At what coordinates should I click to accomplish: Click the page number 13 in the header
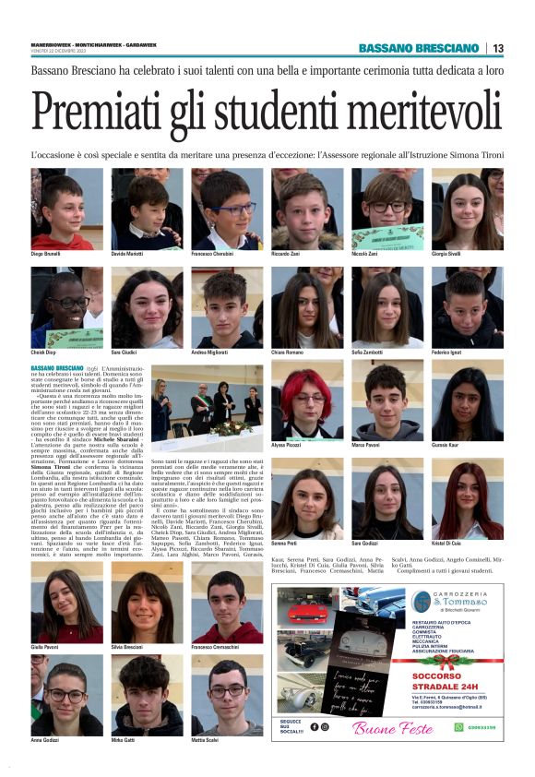pos(498,48)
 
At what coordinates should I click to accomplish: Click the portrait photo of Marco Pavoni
pos(386,402)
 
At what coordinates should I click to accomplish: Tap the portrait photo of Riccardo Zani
pos(306,208)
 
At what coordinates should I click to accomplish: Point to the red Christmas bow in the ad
pos(444,660)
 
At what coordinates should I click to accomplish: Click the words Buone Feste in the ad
pos(391,729)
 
